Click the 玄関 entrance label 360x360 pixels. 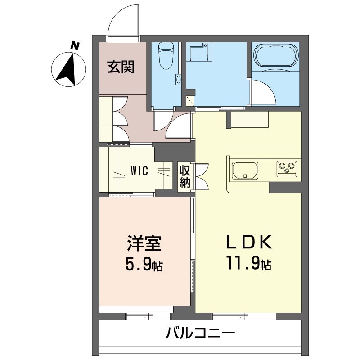coord(121,67)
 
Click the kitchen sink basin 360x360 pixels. coord(245,171)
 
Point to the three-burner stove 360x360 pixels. coord(287,168)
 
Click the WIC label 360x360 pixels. coord(139,171)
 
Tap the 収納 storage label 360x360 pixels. coord(185,176)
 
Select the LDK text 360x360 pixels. coord(249,242)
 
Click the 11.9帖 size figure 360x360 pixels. coord(249,264)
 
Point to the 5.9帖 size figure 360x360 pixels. coord(144,264)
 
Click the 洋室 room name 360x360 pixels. coord(144,243)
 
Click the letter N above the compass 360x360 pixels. coord(75,46)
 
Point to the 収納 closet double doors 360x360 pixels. coord(202,176)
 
